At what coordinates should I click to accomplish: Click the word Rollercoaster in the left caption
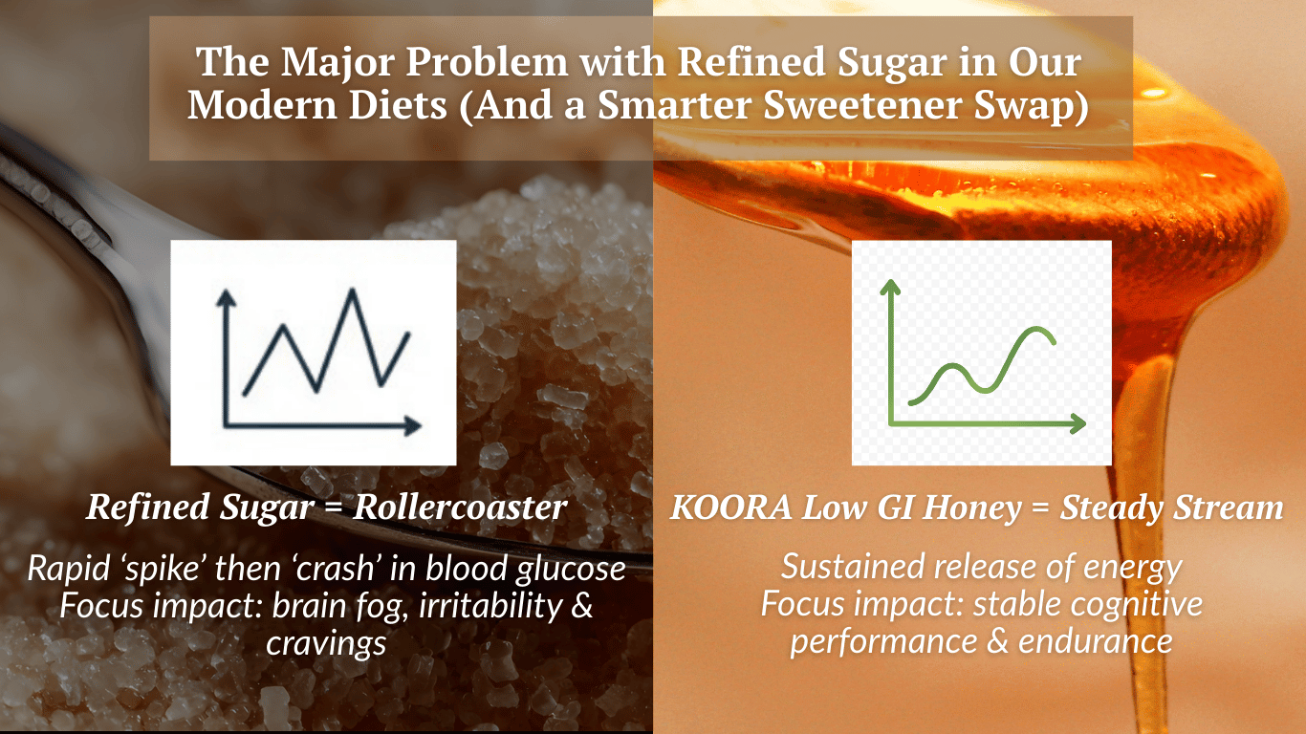click(x=460, y=507)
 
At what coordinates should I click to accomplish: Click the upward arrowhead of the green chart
click(x=890, y=284)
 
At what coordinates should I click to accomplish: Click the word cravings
click(x=326, y=642)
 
